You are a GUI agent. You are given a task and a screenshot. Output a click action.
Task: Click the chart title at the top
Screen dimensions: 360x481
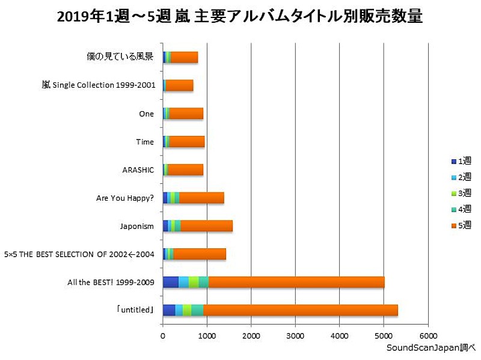(240, 16)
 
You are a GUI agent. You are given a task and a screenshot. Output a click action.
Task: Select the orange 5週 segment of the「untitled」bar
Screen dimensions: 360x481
(300, 310)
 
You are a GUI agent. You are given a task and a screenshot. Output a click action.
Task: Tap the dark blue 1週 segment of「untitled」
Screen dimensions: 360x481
(168, 310)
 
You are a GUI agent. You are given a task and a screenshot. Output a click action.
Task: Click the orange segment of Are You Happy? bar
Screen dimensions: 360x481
(201, 198)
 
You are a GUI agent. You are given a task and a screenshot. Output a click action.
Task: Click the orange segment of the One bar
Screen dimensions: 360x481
(186, 114)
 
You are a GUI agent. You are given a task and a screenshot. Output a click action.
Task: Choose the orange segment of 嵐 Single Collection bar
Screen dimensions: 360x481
(179, 85)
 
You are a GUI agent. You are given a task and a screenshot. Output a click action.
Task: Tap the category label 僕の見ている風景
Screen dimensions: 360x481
(121, 57)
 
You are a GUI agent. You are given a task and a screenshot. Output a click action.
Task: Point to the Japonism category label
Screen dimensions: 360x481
(137, 226)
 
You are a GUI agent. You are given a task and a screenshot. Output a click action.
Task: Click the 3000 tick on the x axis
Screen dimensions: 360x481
(295, 335)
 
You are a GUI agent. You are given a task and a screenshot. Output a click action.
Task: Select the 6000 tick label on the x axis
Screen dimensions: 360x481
(427, 335)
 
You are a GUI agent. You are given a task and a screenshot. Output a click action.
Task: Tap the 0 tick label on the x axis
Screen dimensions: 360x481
(162, 335)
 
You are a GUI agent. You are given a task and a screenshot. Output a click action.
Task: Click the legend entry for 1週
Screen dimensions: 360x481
(461, 161)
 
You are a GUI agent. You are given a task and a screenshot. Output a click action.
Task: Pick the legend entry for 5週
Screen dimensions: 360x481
(461, 226)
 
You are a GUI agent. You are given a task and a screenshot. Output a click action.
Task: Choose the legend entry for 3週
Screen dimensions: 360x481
(461, 194)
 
